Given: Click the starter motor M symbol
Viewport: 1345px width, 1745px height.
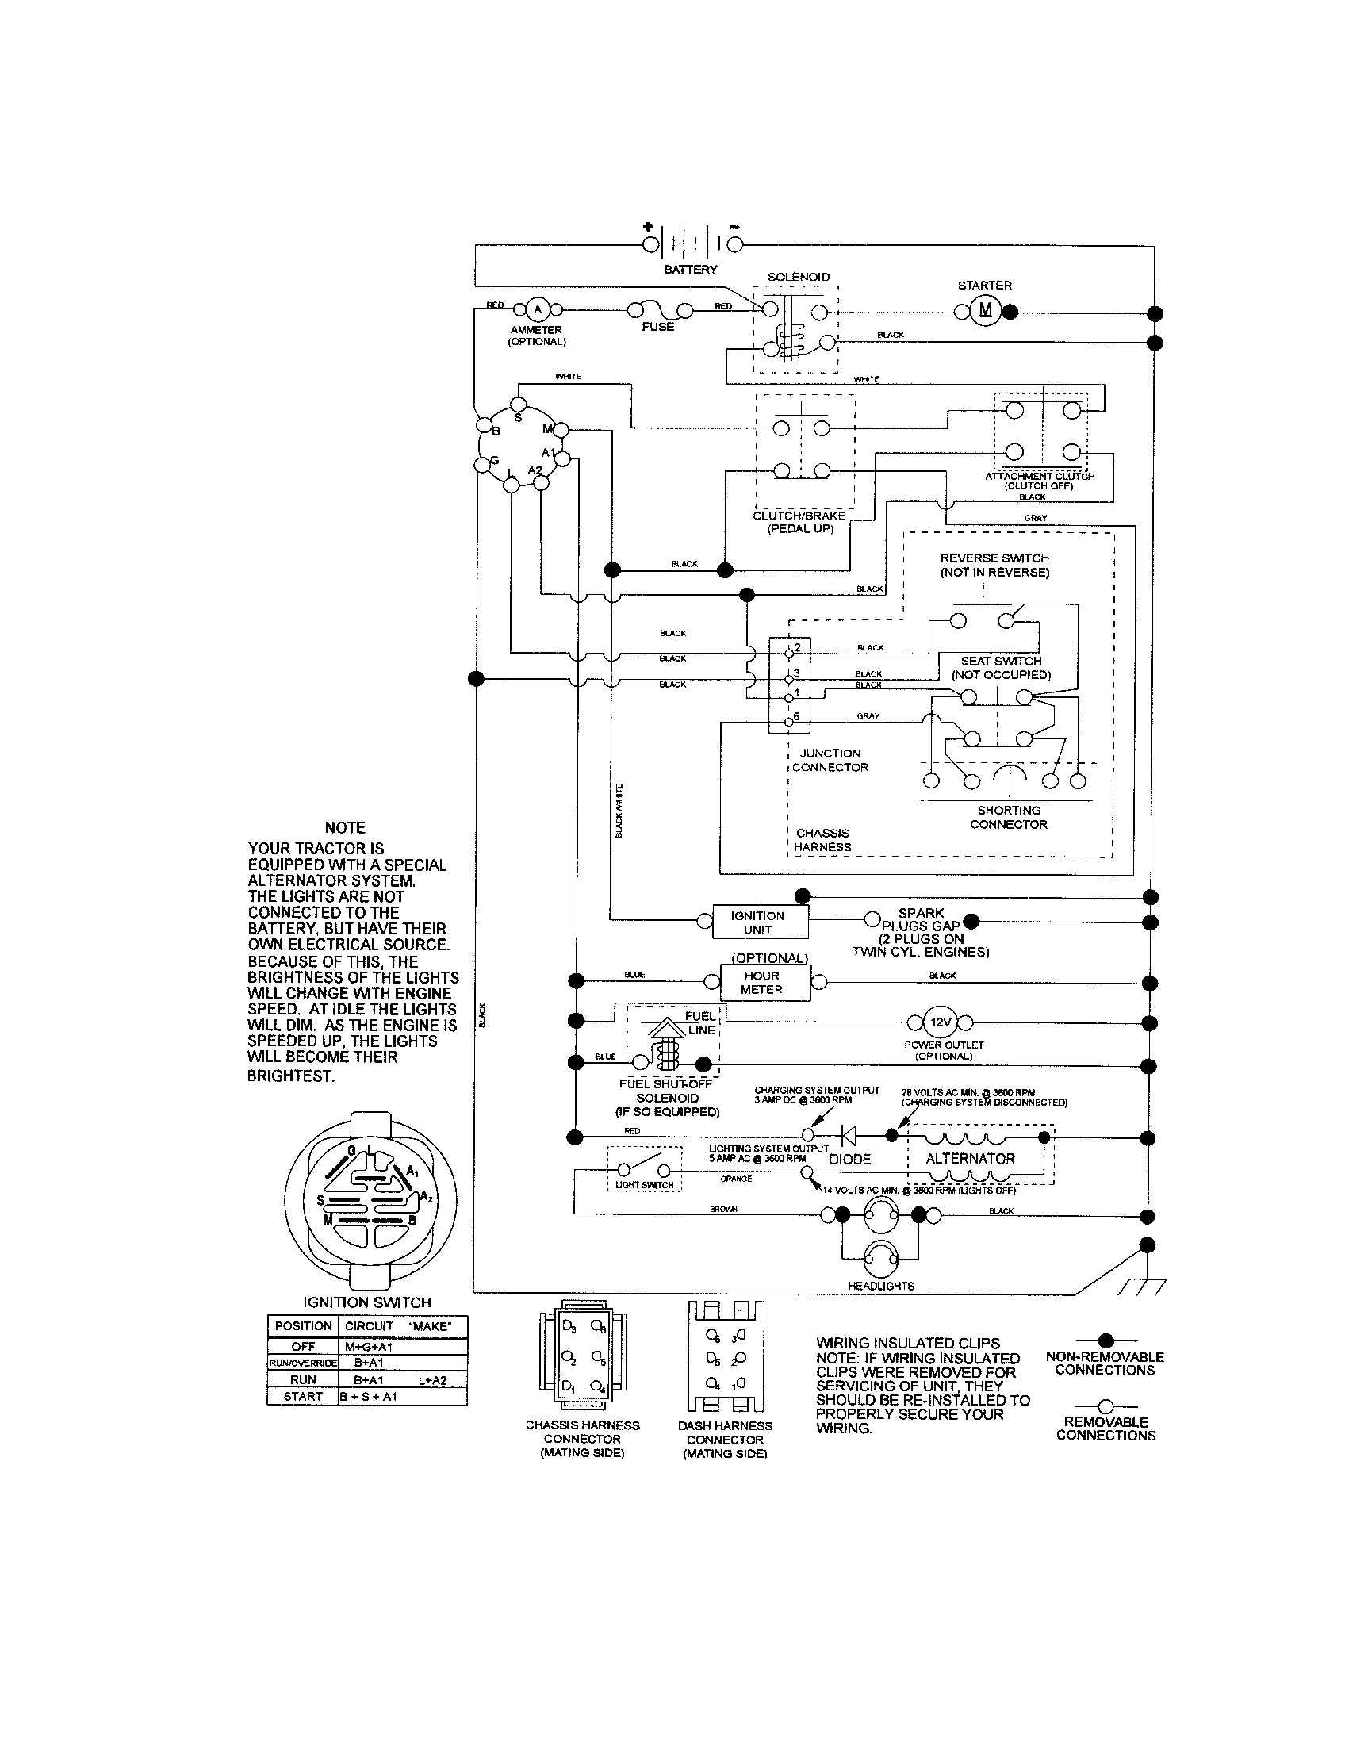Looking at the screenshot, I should (986, 310).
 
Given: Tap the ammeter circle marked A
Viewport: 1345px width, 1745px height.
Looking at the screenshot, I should (537, 309).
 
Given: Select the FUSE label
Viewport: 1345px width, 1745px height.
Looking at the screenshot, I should (657, 327).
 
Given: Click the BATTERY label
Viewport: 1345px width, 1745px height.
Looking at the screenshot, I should (691, 269).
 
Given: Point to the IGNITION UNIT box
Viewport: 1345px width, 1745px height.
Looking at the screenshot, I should (757, 922).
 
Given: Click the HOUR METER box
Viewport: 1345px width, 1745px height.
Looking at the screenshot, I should (761, 983).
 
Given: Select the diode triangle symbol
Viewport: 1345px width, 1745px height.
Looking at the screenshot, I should (849, 1135).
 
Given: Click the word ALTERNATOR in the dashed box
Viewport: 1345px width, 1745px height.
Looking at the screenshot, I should (970, 1159).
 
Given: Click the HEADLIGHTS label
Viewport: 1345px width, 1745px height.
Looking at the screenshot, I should (882, 1286).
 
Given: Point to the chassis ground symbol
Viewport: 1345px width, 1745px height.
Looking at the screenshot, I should (1144, 1287).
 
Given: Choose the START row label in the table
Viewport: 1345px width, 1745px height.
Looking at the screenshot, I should (303, 1397).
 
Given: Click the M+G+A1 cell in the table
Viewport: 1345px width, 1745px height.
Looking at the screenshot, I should (368, 1347).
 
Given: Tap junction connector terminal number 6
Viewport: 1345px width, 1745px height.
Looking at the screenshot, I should (789, 720).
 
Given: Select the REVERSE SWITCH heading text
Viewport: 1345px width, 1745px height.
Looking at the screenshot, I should (994, 558).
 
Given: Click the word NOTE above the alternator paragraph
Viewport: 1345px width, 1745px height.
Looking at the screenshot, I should (345, 828).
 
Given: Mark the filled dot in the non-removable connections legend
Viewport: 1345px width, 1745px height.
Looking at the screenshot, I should (1106, 1340).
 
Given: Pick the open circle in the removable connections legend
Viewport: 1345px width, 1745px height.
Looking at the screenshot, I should (1106, 1406).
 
